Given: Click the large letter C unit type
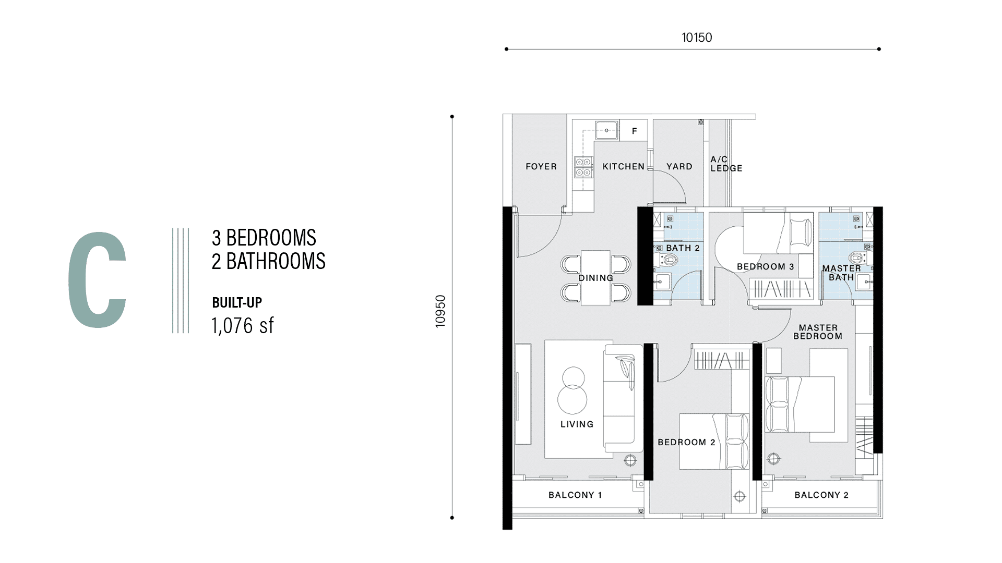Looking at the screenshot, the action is [98, 280].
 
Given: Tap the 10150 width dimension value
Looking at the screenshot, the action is [697, 38].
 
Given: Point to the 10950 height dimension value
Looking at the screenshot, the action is [440, 312].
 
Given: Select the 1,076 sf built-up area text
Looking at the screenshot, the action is [243, 326].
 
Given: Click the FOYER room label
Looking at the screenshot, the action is [541, 166].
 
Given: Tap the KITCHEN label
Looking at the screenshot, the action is [624, 166].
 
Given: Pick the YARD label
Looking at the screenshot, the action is [679, 166].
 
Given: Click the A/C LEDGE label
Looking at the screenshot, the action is [726, 164].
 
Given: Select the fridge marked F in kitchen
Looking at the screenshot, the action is [634, 130].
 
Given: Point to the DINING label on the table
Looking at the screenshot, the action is [596, 278].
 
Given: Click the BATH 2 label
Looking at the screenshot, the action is [683, 248].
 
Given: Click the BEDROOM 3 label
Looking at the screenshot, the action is [766, 266].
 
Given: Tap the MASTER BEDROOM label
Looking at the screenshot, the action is [818, 332].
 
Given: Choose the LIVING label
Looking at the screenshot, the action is [577, 424].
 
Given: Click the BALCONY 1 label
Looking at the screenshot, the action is [575, 495].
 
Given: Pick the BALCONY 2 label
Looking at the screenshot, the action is [821, 495].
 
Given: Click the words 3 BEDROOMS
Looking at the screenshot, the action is [264, 238].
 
